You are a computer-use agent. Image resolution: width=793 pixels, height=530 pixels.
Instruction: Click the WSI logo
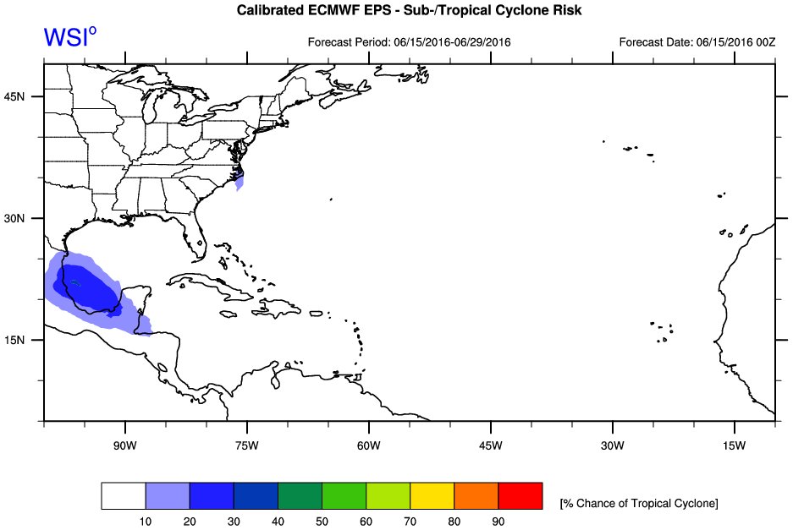[x=69, y=37]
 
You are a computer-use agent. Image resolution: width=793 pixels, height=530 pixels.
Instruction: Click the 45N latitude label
[x=14, y=96]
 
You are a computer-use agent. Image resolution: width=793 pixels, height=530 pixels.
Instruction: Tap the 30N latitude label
[x=14, y=218]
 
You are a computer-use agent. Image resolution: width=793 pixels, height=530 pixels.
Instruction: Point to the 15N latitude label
[x=14, y=340]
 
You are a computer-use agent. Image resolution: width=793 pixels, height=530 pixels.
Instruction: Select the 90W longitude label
[x=125, y=445]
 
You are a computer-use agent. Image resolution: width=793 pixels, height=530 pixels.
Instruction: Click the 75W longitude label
[x=247, y=445]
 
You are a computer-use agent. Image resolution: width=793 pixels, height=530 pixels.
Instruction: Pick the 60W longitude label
[x=369, y=445]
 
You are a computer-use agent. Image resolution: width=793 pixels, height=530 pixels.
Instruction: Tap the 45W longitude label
[x=491, y=445]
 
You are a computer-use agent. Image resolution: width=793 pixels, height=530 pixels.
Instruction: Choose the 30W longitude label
[x=613, y=445]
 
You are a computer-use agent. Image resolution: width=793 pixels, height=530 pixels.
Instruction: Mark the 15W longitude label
[x=734, y=445]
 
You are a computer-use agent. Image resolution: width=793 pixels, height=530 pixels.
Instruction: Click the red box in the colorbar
[x=520, y=495]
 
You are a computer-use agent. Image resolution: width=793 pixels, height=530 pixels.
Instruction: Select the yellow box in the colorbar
[x=432, y=495]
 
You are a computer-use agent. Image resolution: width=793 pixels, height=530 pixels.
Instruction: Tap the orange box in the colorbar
[x=476, y=495]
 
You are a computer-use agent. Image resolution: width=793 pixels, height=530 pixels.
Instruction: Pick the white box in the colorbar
[x=124, y=495]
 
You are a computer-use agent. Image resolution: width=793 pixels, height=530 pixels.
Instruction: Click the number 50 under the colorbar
[x=322, y=522]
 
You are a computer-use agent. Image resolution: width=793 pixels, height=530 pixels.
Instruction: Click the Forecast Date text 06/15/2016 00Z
[x=735, y=42]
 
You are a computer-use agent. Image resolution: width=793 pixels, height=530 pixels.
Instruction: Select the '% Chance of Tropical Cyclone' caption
[x=639, y=503]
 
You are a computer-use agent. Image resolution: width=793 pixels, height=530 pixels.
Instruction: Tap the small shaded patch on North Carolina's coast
[x=240, y=180]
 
